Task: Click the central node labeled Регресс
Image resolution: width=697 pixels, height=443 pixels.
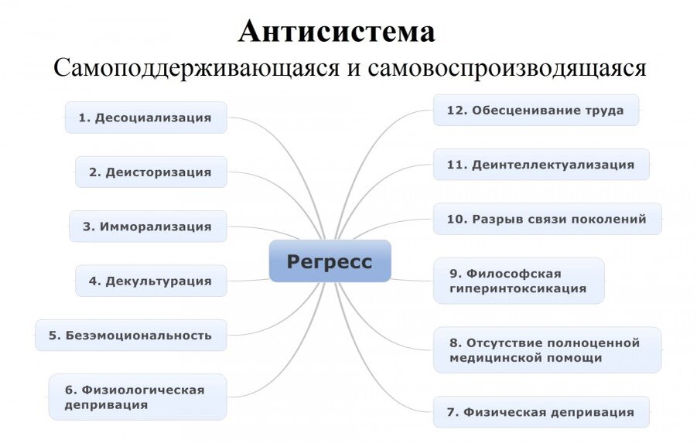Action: tap(330, 261)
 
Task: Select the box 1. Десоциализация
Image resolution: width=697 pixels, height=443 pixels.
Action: tap(145, 118)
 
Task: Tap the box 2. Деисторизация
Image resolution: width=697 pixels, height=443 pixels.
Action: tap(150, 172)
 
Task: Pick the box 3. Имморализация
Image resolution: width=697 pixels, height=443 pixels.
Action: tap(148, 227)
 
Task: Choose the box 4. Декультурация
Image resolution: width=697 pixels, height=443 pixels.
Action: tap(150, 281)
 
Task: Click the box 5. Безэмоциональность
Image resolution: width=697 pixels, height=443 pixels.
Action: tap(131, 335)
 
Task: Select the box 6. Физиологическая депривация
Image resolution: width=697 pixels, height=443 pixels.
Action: tap(137, 397)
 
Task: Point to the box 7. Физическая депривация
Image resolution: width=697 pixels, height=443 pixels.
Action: tap(541, 412)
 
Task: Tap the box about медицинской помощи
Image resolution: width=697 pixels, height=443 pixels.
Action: tap(547, 349)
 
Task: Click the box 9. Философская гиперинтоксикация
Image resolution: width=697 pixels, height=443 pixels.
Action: tap(518, 281)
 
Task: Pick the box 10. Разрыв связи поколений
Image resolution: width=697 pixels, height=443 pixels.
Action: tap(547, 219)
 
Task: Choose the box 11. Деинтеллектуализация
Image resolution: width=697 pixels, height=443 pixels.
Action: tap(541, 164)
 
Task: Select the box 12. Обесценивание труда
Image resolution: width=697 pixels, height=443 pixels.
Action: tap(535, 110)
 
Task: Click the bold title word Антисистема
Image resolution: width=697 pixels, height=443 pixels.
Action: tap(337, 32)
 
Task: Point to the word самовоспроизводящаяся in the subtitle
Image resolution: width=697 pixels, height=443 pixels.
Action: tap(507, 67)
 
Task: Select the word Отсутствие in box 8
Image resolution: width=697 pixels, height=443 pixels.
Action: tap(501, 342)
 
